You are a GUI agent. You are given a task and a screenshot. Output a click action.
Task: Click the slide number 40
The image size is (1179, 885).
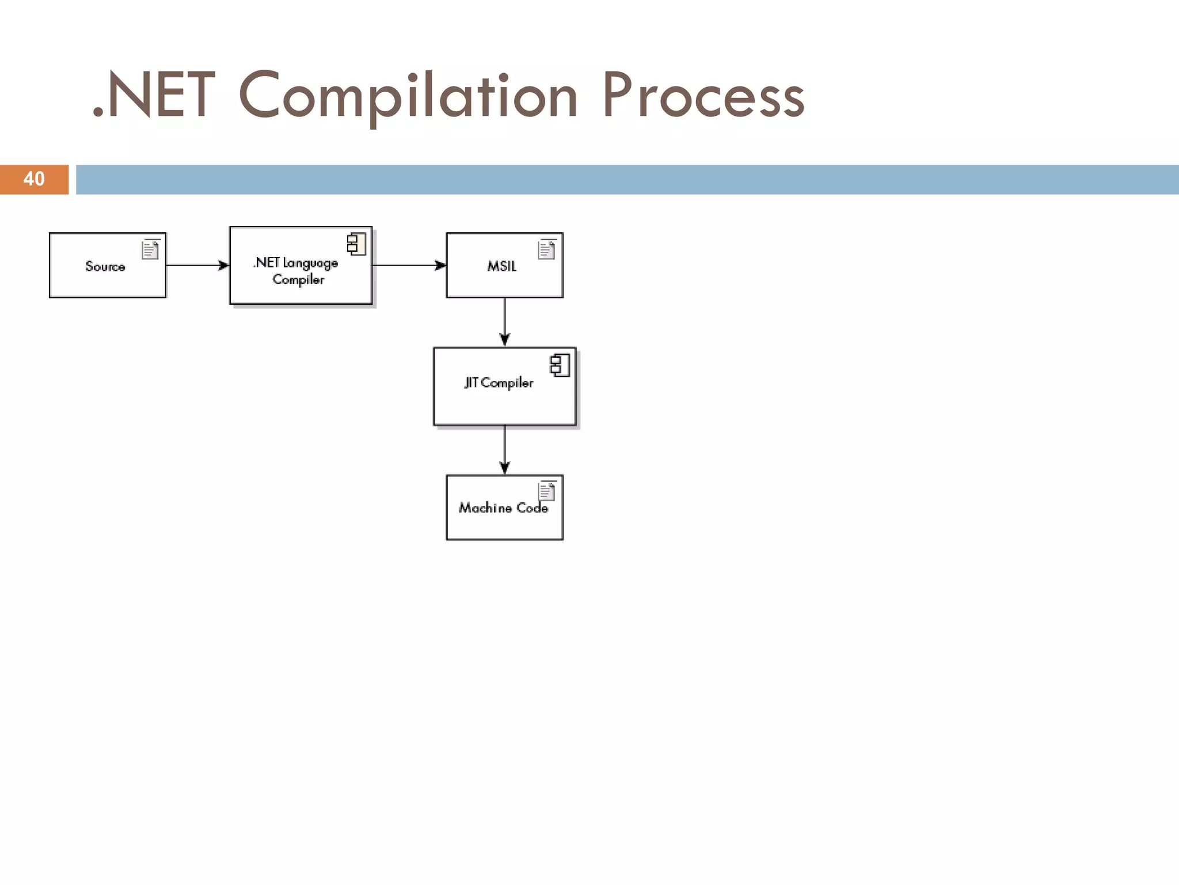(34, 179)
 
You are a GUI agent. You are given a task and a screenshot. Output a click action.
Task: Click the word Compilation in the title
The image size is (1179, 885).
(408, 96)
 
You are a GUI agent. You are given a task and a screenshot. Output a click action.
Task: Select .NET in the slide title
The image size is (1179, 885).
(154, 96)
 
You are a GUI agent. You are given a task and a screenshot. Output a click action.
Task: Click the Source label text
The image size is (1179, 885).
(105, 266)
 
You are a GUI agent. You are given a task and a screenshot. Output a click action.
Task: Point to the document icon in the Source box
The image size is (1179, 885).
(150, 249)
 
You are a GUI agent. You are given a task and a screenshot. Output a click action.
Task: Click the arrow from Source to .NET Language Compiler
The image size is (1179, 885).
(197, 266)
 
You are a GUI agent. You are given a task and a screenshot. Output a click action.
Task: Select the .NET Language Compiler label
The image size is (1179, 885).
(296, 271)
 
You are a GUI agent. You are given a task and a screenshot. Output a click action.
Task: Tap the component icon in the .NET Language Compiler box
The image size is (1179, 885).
(356, 244)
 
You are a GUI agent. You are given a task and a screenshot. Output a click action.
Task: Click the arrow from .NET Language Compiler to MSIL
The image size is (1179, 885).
(409, 266)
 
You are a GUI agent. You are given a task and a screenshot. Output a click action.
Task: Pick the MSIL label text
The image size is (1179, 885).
(501, 266)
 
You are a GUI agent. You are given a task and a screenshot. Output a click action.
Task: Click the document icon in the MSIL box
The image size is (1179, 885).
(546, 249)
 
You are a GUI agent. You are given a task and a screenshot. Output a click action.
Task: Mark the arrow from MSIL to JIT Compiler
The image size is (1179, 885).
(505, 322)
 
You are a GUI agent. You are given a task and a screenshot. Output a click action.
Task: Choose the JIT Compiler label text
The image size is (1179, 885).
(499, 383)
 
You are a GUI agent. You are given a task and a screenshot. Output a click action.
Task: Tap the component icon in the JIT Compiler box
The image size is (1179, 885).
(560, 365)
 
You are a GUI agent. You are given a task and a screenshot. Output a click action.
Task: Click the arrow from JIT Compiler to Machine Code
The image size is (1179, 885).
(505, 449)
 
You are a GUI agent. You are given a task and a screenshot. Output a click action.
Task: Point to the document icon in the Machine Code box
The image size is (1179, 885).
(546, 491)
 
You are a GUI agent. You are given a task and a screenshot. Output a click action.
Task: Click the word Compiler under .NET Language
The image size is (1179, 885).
(298, 280)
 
